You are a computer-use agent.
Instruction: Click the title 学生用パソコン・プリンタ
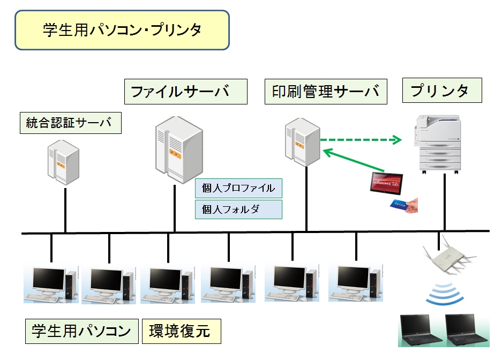(x=122, y=30)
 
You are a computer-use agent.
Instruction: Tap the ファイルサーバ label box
(x=186, y=92)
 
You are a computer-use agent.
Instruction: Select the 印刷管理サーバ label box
(x=326, y=92)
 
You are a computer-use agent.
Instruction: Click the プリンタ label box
(x=442, y=90)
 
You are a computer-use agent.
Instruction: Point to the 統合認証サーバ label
(x=70, y=123)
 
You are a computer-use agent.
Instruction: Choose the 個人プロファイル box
(x=238, y=188)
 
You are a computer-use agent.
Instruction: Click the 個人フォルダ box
(x=238, y=209)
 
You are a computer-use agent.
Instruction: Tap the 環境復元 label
(x=182, y=331)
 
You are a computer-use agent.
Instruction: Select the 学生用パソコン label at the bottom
(x=81, y=331)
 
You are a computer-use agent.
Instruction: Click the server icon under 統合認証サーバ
(x=63, y=162)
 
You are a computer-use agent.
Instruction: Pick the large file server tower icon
(x=179, y=150)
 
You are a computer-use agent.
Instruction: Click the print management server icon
(x=303, y=142)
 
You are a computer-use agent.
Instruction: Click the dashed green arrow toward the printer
(x=361, y=140)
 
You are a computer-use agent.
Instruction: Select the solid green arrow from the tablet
(x=354, y=160)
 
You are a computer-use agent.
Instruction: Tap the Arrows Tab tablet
(x=386, y=183)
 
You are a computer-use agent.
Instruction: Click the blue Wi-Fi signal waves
(x=445, y=294)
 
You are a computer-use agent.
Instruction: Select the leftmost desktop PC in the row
(x=51, y=283)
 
